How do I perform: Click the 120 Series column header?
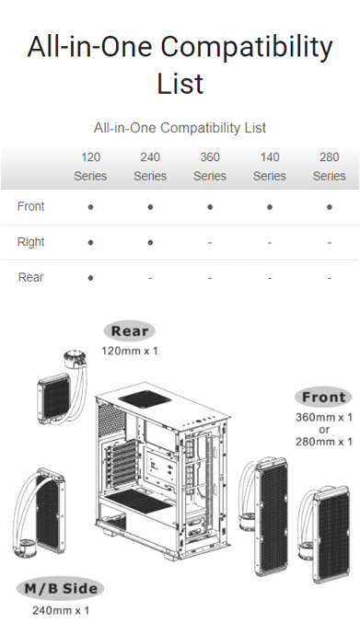(x=90, y=167)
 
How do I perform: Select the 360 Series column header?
(x=210, y=167)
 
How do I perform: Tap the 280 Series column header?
(x=330, y=167)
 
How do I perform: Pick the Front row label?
(x=31, y=207)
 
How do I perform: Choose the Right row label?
(x=31, y=242)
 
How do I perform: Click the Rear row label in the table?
(x=31, y=277)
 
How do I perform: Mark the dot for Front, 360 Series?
(x=210, y=207)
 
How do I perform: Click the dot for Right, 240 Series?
(x=150, y=242)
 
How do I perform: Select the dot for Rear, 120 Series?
(x=90, y=277)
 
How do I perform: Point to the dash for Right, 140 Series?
(x=270, y=242)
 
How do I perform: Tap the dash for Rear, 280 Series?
(x=330, y=277)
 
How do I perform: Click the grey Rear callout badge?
(x=130, y=331)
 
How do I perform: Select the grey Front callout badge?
(x=324, y=398)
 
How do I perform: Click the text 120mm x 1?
(x=130, y=351)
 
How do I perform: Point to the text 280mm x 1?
(x=324, y=443)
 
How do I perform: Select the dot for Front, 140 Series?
(x=270, y=207)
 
